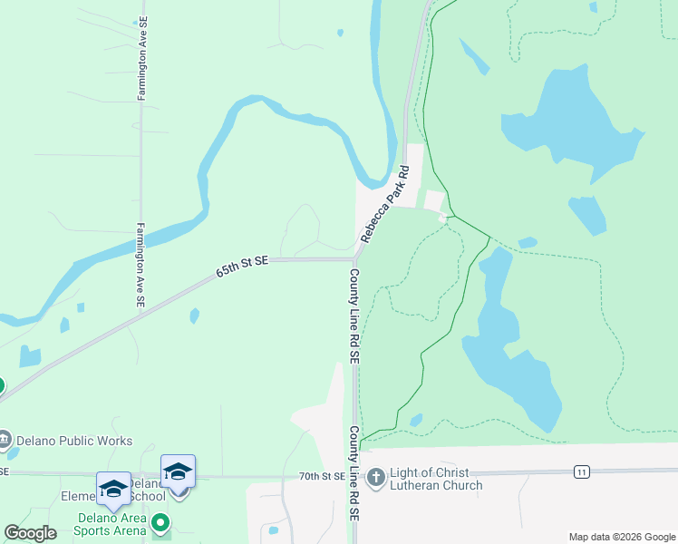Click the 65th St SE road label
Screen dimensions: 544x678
click(x=242, y=267)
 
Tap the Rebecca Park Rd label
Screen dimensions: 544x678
click(x=385, y=204)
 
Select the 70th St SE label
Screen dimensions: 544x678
click(x=322, y=476)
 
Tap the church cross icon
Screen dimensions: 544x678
click(x=376, y=475)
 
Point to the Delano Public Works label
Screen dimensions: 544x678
click(x=75, y=442)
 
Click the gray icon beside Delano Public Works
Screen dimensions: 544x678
click(x=5, y=442)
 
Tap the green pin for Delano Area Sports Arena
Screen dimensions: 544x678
click(x=160, y=523)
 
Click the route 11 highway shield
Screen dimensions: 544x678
click(x=581, y=471)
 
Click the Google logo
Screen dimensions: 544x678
click(x=30, y=533)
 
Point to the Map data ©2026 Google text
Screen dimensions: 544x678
click(x=621, y=537)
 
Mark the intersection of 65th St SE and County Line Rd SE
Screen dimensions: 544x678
click(x=354, y=259)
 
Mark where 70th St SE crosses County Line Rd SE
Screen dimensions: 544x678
click(x=354, y=474)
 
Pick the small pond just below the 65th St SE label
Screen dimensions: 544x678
click(x=194, y=316)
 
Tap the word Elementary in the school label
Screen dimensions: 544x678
click(x=79, y=496)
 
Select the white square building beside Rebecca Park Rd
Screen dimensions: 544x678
click(x=434, y=200)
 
